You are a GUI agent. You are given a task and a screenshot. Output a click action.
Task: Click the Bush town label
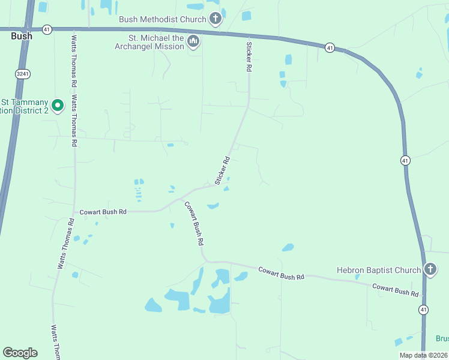(22, 36)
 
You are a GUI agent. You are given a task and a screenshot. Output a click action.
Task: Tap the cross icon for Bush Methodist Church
(215, 19)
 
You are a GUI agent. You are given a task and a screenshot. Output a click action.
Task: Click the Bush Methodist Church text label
(162, 19)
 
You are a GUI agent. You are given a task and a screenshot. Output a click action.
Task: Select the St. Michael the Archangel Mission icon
(193, 41)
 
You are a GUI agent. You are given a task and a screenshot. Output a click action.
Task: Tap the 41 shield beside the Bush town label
(47, 29)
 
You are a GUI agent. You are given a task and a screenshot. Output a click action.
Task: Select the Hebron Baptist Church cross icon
(430, 270)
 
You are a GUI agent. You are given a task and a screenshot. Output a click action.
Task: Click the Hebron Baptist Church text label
(379, 270)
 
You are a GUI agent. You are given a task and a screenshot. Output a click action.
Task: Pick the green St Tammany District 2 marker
(58, 106)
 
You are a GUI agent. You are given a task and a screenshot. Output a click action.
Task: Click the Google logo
(20, 353)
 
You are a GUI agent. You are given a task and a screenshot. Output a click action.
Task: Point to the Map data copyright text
(423, 355)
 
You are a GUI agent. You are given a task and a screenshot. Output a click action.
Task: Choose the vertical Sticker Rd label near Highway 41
(248, 56)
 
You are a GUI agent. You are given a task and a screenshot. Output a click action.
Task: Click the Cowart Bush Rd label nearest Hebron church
(395, 289)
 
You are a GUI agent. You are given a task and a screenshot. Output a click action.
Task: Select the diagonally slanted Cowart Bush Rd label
(194, 223)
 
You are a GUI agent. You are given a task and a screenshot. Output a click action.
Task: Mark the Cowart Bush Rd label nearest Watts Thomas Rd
(103, 212)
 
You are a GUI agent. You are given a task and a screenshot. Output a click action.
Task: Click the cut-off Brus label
(442, 338)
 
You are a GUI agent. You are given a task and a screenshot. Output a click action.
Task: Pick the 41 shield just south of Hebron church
(424, 310)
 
